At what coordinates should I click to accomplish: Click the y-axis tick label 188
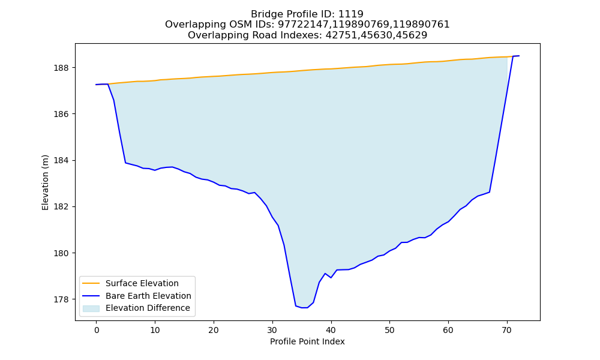tap(62, 68)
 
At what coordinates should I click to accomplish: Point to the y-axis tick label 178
tap(62, 299)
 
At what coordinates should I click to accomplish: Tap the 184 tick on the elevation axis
tap(62, 161)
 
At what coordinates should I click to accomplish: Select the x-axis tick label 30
tap(272, 330)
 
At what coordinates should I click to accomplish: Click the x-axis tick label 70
tap(507, 330)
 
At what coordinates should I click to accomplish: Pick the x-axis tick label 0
tap(97, 330)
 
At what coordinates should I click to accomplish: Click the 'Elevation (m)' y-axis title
tap(45, 182)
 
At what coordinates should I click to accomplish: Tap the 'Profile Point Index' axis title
tap(307, 341)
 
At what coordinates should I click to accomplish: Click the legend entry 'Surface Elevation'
tap(142, 283)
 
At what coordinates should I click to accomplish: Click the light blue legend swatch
tap(91, 308)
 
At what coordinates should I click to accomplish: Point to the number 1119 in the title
tap(351, 14)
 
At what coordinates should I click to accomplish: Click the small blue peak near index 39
tap(325, 274)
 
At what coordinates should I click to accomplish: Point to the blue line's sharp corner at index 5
tap(125, 163)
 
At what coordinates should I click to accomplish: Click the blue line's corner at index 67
tap(490, 192)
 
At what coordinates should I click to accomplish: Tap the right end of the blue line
tap(519, 56)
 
